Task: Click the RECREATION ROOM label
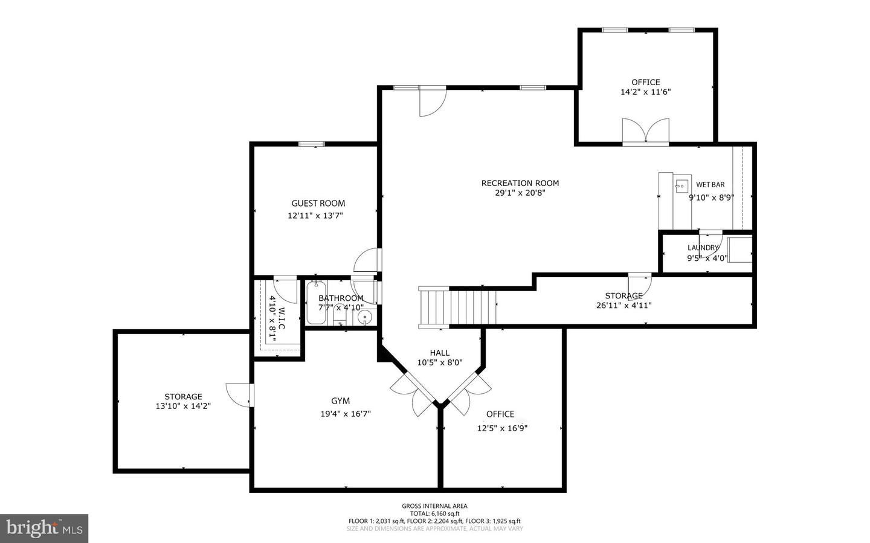point(520,183)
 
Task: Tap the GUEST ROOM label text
point(318,204)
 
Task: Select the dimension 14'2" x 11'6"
point(645,92)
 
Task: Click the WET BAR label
point(710,185)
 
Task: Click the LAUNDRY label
point(703,248)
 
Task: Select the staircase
point(458,307)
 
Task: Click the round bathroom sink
point(365,317)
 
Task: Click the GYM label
point(340,401)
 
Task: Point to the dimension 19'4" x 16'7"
point(345,414)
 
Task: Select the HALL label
point(439,353)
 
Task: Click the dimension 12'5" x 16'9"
point(502,428)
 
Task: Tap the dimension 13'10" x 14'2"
point(183,406)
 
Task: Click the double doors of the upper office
point(646,131)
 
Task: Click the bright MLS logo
point(44,529)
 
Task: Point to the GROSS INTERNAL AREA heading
point(434,506)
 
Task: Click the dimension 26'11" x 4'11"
point(623,306)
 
